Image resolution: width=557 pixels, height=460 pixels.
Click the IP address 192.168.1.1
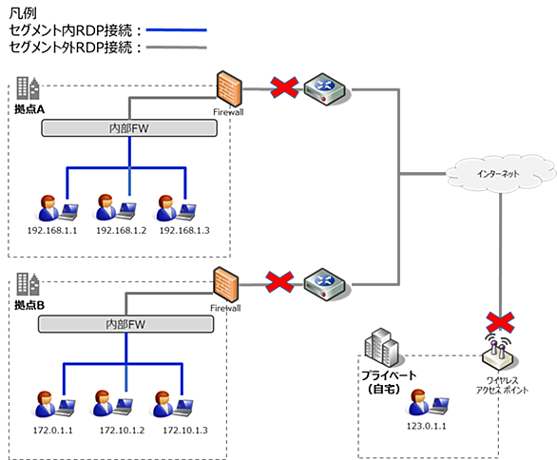point(52,231)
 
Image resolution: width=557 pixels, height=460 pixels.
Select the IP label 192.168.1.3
point(184,231)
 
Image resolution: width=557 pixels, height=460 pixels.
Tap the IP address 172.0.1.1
point(53,431)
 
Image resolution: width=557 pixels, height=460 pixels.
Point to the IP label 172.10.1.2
point(122,431)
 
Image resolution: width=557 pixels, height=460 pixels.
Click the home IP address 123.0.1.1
point(426,426)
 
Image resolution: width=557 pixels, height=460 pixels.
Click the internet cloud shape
point(500,174)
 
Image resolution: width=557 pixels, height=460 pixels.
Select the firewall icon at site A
point(229,88)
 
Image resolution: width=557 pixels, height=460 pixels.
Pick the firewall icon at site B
point(226,285)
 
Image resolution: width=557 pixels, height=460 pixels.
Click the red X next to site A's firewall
point(284,87)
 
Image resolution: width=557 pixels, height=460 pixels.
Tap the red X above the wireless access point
point(500,322)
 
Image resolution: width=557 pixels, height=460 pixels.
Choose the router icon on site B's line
point(325,284)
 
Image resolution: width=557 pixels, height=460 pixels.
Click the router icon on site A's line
point(325,89)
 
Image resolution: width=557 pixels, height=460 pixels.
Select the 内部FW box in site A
point(129,128)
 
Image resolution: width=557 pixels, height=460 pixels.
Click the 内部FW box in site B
point(125,324)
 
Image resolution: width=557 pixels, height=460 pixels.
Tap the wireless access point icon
point(498,354)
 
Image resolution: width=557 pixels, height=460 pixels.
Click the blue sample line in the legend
point(177,30)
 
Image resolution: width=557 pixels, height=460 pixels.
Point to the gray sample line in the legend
point(177,47)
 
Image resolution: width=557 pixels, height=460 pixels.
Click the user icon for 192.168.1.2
point(116,208)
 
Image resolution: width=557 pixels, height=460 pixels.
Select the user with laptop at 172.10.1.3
point(173,404)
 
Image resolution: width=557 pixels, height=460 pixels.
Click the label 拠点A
point(29,109)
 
